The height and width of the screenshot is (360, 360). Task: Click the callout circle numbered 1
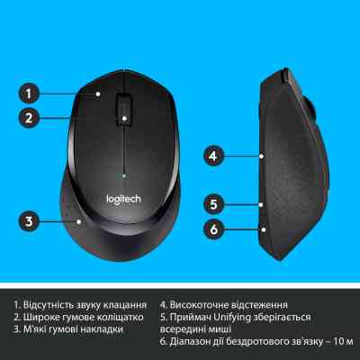pyautogui.click(x=30, y=93)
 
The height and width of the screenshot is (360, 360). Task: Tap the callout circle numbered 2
pyautogui.click(x=30, y=117)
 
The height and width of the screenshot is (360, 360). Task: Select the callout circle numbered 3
pyautogui.click(x=30, y=220)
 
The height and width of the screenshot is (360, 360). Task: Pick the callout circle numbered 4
pyautogui.click(x=212, y=156)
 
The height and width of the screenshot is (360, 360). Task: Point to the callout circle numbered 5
pyautogui.click(x=212, y=203)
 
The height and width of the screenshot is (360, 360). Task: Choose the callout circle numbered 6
pyautogui.click(x=212, y=229)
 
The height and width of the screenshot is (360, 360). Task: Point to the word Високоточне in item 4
pyautogui.click(x=202, y=304)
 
